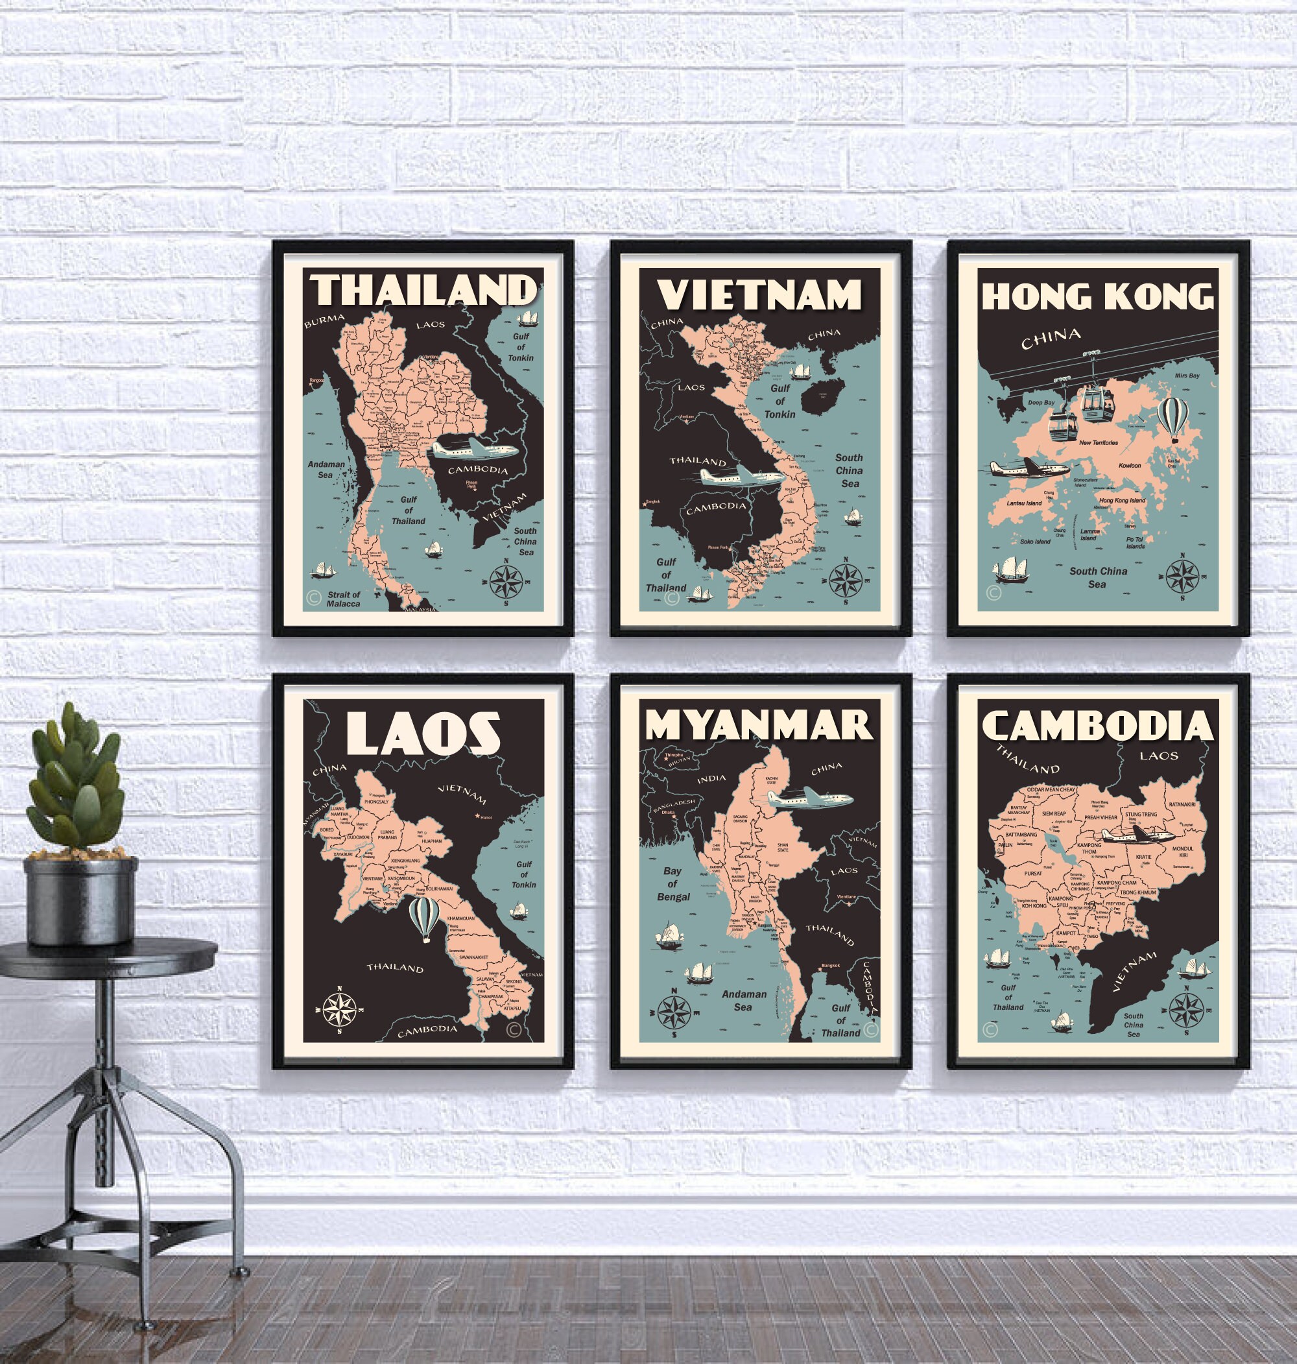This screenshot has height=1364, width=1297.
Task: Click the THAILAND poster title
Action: coord(422,290)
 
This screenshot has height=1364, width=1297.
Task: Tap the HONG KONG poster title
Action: coord(1097,296)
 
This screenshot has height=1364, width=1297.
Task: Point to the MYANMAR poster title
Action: coord(759,725)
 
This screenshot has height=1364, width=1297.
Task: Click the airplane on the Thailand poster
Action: coord(475,449)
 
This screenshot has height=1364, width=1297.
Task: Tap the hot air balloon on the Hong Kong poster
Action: coord(1172,418)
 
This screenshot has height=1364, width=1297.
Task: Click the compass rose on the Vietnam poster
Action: coord(845,579)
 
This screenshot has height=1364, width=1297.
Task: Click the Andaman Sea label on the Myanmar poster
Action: coord(744,1000)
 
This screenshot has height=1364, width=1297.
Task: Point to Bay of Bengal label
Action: coord(672,883)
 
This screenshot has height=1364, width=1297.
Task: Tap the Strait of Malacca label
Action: coord(344,599)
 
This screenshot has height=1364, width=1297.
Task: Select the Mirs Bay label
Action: coord(1187,376)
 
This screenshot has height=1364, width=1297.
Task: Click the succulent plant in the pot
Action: coord(73,789)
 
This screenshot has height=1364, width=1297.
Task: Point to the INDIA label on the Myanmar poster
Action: coord(711,778)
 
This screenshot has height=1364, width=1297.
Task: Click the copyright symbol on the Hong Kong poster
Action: coord(994,592)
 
